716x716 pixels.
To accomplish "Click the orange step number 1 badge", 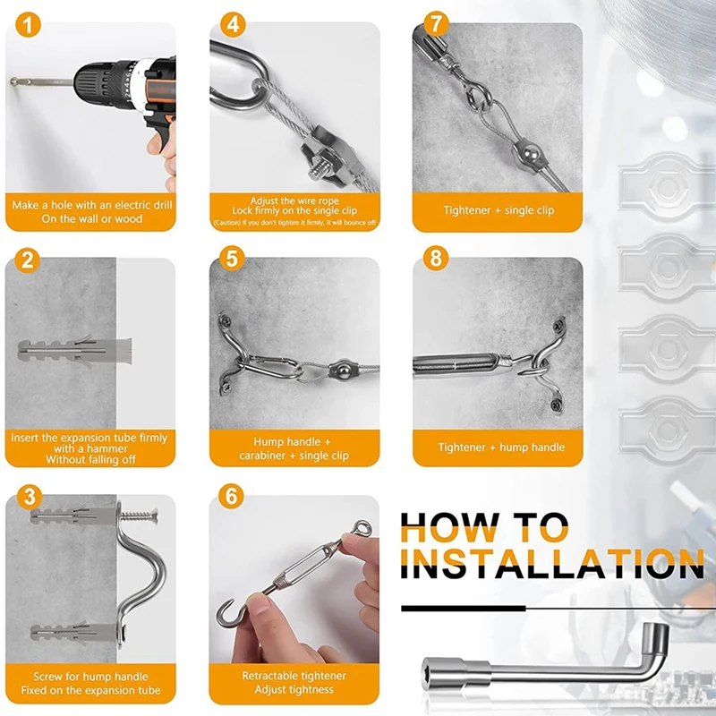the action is pyautogui.click(x=28, y=25).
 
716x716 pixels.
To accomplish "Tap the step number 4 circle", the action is pyautogui.click(x=233, y=24).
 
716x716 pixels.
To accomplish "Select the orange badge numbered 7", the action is pyautogui.click(x=436, y=24).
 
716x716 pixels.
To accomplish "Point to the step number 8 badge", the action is pyautogui.click(x=436, y=258).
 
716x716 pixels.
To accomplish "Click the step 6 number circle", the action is pyautogui.click(x=231, y=496).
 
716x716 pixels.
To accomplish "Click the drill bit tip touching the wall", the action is pyautogui.click(x=13, y=82).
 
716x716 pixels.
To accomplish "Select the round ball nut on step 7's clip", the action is pyautogui.click(x=530, y=151).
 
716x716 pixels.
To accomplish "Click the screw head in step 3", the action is pyautogui.click(x=153, y=516).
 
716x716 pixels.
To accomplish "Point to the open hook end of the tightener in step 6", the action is pyautogui.click(x=229, y=614).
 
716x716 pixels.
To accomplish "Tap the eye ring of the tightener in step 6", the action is pyautogui.click(x=363, y=529).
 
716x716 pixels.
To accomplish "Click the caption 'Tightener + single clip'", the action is pyautogui.click(x=499, y=210).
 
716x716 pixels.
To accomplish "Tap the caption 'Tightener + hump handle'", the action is pyautogui.click(x=501, y=447).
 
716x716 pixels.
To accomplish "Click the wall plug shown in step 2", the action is pyautogui.click(x=75, y=351).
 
